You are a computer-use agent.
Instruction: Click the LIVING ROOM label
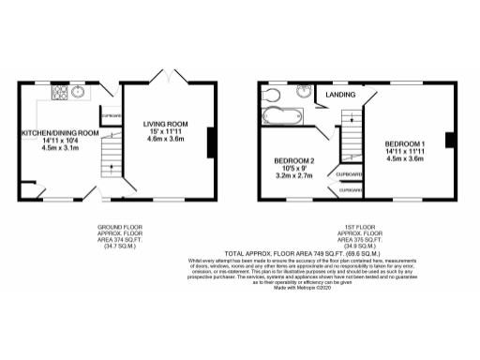click(166, 124)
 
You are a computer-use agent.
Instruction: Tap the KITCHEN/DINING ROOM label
click(60, 133)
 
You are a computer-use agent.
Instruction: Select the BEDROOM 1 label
click(405, 143)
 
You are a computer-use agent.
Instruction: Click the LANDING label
click(339, 96)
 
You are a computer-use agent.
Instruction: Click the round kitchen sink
click(78, 92)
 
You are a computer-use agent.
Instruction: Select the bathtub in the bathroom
click(278, 118)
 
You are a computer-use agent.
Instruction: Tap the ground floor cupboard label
click(112, 116)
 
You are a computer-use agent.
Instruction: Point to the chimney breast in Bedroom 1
click(451, 141)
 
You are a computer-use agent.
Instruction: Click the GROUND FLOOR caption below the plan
click(120, 228)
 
